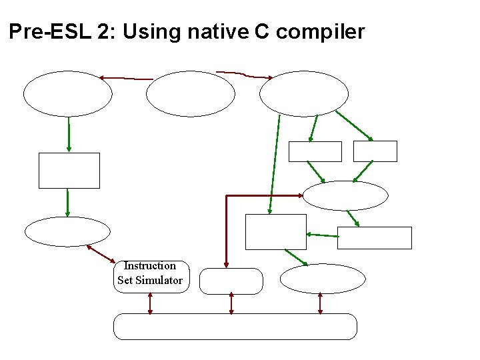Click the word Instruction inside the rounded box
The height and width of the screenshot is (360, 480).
pyautogui.click(x=150, y=266)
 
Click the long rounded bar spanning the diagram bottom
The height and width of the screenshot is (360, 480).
pyautogui.click(x=235, y=327)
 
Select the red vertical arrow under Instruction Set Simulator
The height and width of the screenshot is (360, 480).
pyautogui.click(x=150, y=303)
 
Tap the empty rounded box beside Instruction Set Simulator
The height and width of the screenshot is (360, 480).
pyautogui.click(x=231, y=281)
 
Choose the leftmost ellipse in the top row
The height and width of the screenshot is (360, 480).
pyautogui.click(x=68, y=94)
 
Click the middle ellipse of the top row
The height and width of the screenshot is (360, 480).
pyautogui.click(x=191, y=94)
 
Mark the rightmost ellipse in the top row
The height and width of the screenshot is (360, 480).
pyautogui.click(x=304, y=94)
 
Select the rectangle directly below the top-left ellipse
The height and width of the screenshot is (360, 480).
pyautogui.click(x=69, y=171)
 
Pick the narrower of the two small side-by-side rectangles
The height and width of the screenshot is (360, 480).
pyautogui.click(x=375, y=151)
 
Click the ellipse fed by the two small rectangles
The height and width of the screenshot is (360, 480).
pyautogui.click(x=345, y=196)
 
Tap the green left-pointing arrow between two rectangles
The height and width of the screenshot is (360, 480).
pyautogui.click(x=322, y=235)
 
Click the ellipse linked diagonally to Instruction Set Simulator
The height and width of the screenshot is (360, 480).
pyautogui.click(x=67, y=232)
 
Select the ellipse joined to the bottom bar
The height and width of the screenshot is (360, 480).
pyautogui.click(x=323, y=279)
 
